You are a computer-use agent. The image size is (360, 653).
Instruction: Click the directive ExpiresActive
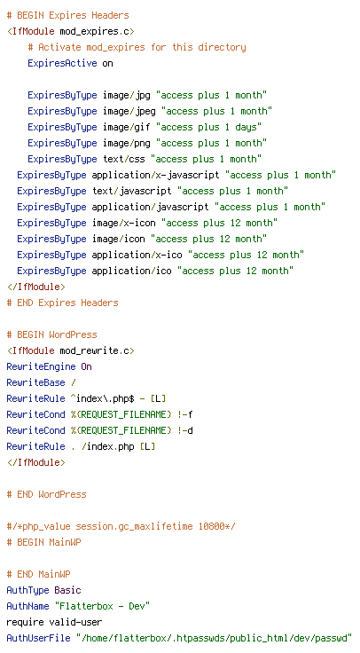(62, 63)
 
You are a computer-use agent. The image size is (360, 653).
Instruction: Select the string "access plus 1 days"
(208, 127)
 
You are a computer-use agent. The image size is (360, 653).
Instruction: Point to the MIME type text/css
(124, 159)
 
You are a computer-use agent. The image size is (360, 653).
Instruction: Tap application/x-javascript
(156, 175)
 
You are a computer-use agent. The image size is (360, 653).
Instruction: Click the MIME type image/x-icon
(123, 223)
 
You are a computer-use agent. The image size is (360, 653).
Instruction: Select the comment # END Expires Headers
(62, 303)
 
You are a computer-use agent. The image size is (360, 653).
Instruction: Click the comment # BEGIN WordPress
(52, 334)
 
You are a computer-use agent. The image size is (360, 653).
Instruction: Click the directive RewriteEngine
(41, 366)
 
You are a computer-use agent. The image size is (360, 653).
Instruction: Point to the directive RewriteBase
(35, 382)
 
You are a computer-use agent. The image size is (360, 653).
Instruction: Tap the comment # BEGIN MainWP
(43, 542)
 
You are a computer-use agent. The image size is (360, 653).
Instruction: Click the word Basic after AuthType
(68, 590)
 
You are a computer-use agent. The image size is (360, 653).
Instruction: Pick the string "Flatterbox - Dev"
(102, 606)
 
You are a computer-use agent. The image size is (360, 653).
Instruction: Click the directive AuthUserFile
(38, 638)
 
